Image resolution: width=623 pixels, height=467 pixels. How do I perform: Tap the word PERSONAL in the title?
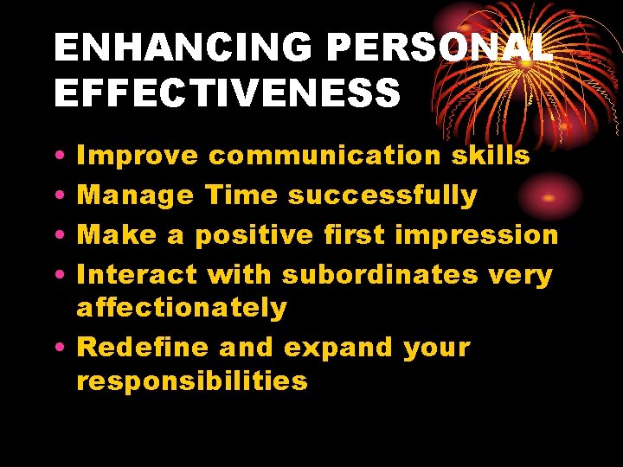point(434,48)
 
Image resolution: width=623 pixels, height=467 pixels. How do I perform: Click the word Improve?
point(138,157)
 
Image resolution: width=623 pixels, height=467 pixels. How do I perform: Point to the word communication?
point(326,156)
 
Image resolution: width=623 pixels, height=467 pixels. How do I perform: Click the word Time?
point(241,195)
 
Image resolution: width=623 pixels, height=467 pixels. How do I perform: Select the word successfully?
point(382,196)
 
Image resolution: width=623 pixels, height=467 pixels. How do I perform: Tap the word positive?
point(254,235)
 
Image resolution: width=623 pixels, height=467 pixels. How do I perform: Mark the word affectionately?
point(182,308)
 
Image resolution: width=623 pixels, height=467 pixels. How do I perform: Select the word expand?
point(339,349)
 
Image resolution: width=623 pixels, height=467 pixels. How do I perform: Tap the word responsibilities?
point(192,381)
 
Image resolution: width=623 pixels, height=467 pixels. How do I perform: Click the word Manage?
point(136,196)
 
